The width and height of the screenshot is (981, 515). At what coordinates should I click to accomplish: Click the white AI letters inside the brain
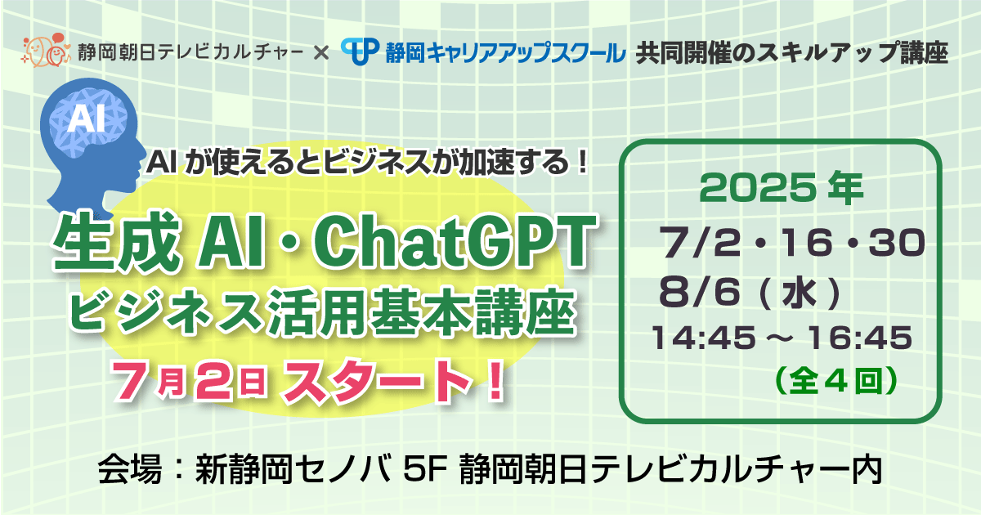[x=86, y=119]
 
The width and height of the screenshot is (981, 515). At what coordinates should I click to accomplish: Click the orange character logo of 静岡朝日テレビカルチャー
[x=46, y=51]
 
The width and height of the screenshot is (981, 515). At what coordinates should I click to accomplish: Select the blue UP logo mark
[x=360, y=51]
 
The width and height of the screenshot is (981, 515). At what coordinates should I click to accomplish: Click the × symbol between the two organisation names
[x=321, y=53]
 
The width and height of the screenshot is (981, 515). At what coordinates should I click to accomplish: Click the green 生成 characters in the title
[x=116, y=241]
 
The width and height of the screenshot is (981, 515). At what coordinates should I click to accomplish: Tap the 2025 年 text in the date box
[x=781, y=188]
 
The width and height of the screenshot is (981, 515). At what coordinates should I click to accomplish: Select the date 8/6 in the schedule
[x=699, y=291]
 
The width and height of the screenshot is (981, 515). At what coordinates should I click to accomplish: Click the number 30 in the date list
[x=897, y=242]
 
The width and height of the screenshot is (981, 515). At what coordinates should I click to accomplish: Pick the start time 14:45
[x=703, y=338]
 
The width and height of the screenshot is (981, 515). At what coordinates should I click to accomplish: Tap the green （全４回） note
[x=836, y=381]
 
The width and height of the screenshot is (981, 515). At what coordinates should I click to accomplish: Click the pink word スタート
[x=378, y=380]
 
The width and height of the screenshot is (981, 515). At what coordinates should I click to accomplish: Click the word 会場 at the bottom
[x=130, y=470]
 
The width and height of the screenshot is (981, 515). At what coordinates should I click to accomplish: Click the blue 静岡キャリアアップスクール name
[x=505, y=52]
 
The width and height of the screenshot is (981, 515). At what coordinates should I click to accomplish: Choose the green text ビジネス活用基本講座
[x=322, y=311]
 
